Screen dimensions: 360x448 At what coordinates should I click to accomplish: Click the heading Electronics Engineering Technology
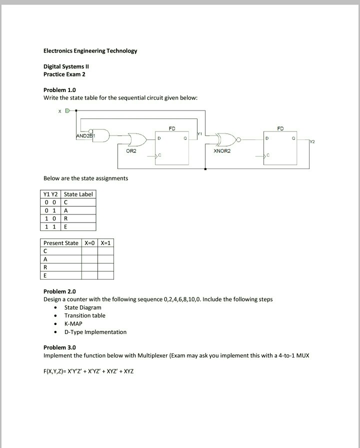(x=90, y=51)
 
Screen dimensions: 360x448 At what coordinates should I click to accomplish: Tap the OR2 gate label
(x=131, y=150)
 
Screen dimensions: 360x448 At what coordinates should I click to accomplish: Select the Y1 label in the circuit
(x=199, y=134)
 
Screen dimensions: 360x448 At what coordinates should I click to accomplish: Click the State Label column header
(x=78, y=194)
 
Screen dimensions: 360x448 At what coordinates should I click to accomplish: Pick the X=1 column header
(x=105, y=243)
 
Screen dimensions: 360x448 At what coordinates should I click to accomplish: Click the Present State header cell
(x=61, y=243)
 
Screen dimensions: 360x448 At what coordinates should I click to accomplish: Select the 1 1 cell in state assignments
(x=51, y=226)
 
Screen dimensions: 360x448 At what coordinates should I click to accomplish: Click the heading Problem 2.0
(x=59, y=291)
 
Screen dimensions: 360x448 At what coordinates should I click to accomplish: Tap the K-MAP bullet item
(x=73, y=323)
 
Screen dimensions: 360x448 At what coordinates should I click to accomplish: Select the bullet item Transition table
(x=84, y=315)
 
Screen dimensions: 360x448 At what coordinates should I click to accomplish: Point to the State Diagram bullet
(x=82, y=307)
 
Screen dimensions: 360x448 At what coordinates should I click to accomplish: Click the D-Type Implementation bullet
(x=95, y=332)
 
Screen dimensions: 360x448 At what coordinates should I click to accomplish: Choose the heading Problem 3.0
(x=59, y=347)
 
